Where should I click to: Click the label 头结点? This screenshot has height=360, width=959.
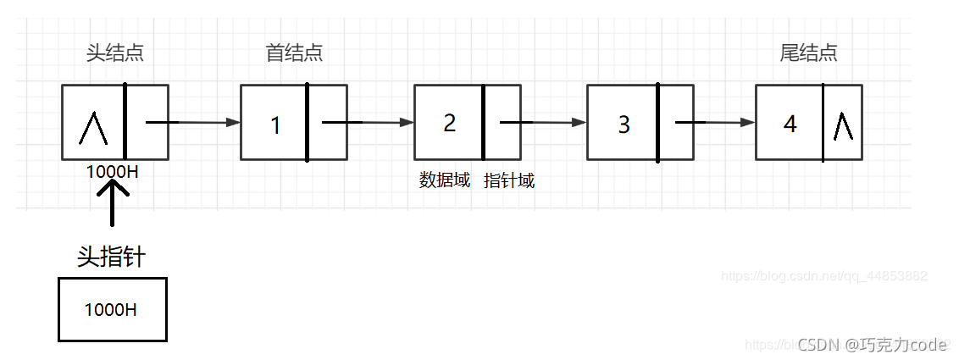click(115, 53)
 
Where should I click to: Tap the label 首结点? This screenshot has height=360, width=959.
click(294, 53)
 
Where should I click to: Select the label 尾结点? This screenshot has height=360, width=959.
click(808, 53)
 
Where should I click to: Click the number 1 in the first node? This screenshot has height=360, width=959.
click(275, 126)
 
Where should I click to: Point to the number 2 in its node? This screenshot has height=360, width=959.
click(449, 123)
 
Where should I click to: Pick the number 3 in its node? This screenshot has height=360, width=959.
click(624, 125)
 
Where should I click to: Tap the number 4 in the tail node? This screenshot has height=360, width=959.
click(790, 125)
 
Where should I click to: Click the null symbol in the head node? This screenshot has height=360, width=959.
click(92, 128)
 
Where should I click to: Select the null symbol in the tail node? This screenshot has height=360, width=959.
click(842, 126)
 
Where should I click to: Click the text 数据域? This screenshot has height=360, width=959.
click(445, 180)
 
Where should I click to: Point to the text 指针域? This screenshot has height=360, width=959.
click(509, 180)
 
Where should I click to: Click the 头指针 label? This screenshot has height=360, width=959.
click(111, 257)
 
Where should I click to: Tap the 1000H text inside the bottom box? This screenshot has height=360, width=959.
click(111, 310)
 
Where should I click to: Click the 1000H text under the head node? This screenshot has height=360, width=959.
click(113, 170)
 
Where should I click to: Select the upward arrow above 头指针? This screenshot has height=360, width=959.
click(112, 203)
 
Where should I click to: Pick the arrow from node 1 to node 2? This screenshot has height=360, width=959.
click(368, 123)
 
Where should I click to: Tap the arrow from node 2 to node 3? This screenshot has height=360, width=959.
click(542, 123)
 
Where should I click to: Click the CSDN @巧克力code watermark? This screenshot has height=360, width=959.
click(873, 345)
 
